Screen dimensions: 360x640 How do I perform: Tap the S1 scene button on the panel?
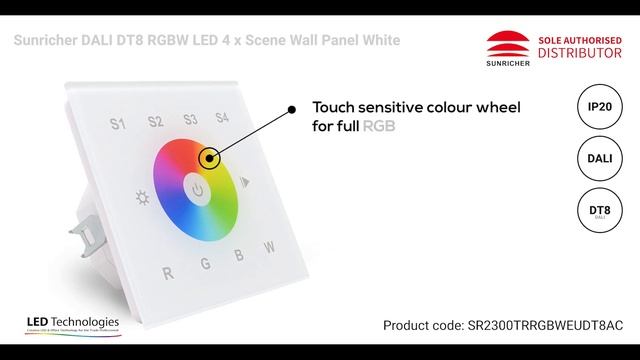coord(117,124)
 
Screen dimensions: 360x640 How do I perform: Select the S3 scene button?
coord(190,120)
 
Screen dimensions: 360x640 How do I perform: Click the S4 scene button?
coord(222,118)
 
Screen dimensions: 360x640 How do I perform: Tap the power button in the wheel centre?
coord(199,189)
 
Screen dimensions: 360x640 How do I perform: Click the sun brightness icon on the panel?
coord(143,196)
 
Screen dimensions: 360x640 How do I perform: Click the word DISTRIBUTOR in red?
coord(573,52)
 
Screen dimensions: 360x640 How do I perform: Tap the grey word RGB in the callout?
coord(378,127)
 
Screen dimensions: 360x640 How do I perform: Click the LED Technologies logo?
coord(73,325)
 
